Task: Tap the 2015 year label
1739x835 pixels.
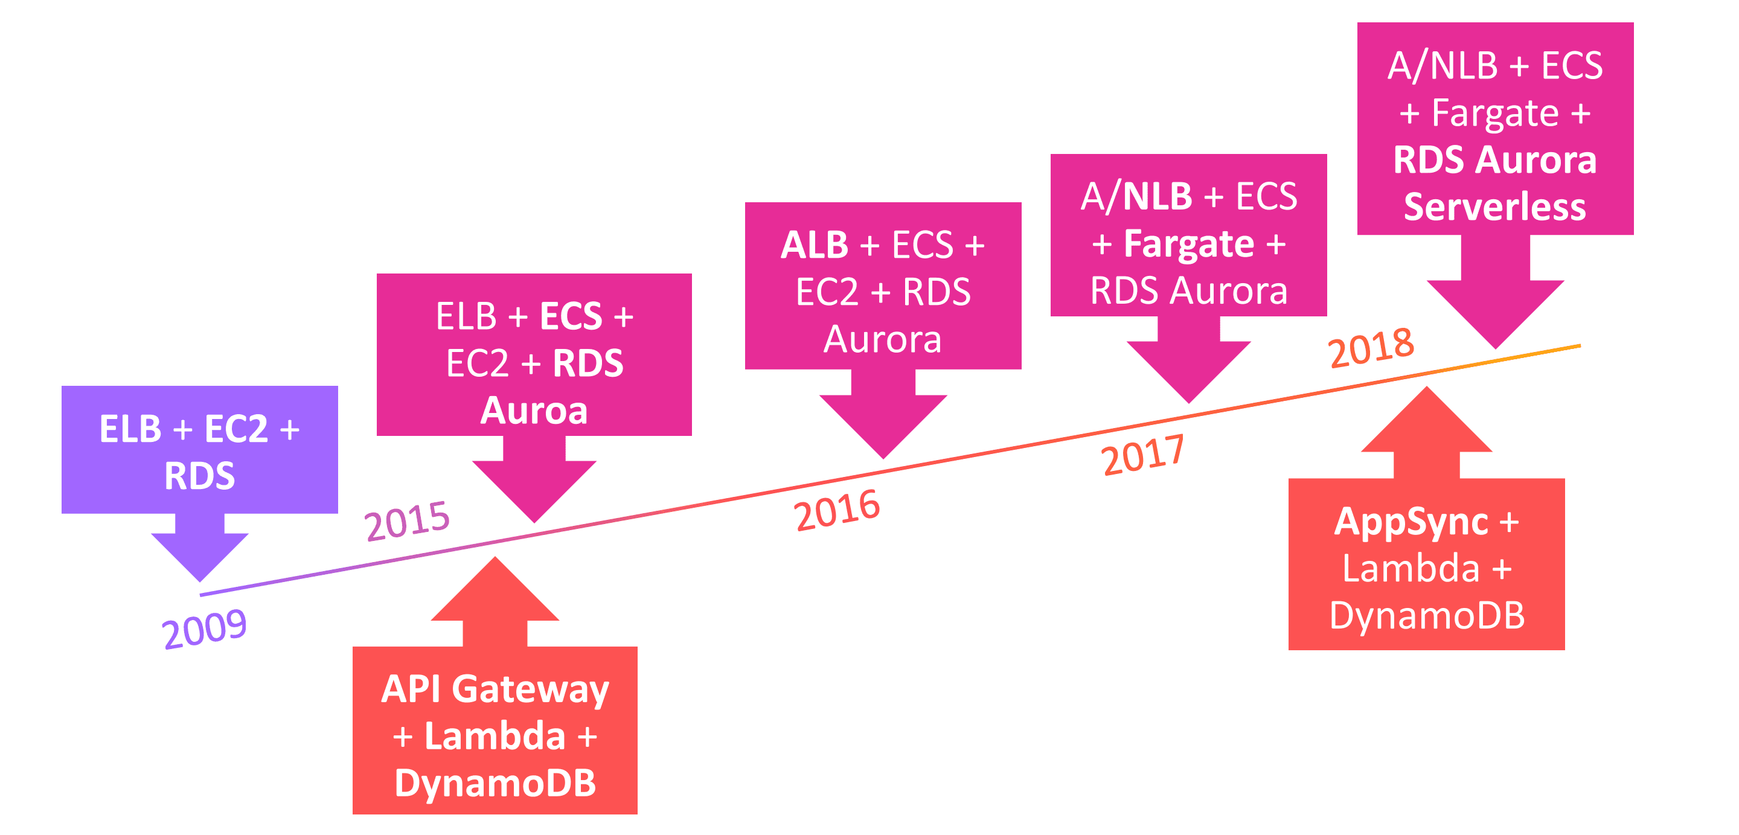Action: [x=406, y=520]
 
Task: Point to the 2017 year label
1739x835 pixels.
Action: [x=1142, y=455]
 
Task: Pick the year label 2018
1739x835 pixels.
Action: [x=1371, y=348]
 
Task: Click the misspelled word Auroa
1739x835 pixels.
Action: [x=534, y=411]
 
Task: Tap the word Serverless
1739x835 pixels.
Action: [x=1494, y=206]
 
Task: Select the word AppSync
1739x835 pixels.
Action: [x=1411, y=522]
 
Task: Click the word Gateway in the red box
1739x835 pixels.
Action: [x=530, y=690]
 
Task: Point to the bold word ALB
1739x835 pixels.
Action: [x=814, y=245]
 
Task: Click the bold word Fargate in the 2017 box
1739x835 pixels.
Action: [x=1189, y=244]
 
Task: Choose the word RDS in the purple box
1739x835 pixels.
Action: [x=200, y=476]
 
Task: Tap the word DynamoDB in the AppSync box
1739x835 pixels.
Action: [x=1426, y=616]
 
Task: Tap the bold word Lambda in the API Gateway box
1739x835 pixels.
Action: [x=495, y=736]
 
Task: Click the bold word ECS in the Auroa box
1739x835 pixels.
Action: [x=571, y=316]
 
